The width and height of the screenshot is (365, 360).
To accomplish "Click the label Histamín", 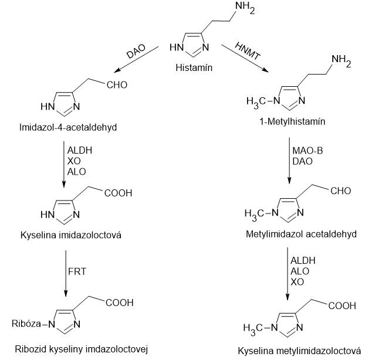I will tap(194, 68).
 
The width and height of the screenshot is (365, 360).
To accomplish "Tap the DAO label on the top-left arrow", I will tap(136, 52).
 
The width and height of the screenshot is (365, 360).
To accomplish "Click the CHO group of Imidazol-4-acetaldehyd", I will tap(117, 84).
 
